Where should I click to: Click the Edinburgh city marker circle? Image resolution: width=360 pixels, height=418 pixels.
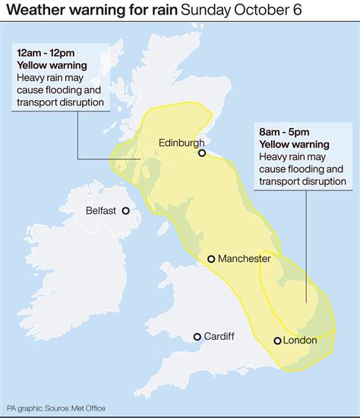(x=202, y=153)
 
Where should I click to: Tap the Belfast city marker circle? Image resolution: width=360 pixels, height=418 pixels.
(x=125, y=212)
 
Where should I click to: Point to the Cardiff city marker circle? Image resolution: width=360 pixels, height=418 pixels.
(x=197, y=336)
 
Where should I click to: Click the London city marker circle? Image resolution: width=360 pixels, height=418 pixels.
(x=278, y=341)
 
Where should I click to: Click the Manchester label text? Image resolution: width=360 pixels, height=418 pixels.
(x=244, y=259)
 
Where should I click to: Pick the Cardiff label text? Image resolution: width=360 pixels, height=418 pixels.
(x=220, y=336)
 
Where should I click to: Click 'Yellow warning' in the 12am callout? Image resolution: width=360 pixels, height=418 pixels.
(x=53, y=65)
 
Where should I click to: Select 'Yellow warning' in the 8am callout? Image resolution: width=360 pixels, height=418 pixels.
(x=294, y=144)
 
